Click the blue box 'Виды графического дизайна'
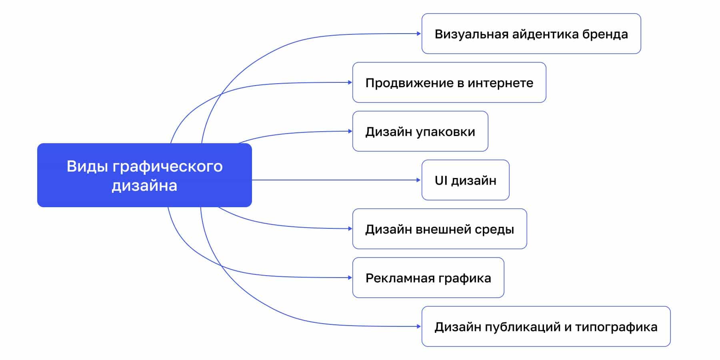[x=144, y=175]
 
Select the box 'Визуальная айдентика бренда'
[x=531, y=34]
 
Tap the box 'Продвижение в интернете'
[x=449, y=82]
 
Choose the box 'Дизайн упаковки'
[x=420, y=131]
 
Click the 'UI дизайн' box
[x=465, y=180]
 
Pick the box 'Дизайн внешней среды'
[x=440, y=229]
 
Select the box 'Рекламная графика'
[x=428, y=278]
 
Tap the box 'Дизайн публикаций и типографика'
[x=546, y=326]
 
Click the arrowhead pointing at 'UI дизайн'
[x=419, y=180]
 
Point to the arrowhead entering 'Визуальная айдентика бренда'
[x=419, y=34]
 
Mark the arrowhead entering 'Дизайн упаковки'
[x=350, y=131]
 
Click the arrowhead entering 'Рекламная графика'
[x=350, y=278]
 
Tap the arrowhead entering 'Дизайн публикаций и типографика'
[x=419, y=326]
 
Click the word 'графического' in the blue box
[x=167, y=166]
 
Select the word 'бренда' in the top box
[x=605, y=34]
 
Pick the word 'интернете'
[x=500, y=83]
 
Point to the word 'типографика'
[x=616, y=327]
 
